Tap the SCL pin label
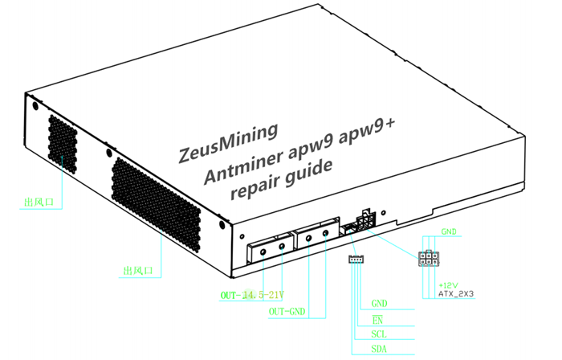point(380,333)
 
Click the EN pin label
point(377,319)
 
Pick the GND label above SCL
point(380,305)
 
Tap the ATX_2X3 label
point(456,294)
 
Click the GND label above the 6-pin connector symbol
point(449,232)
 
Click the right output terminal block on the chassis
point(315,235)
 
